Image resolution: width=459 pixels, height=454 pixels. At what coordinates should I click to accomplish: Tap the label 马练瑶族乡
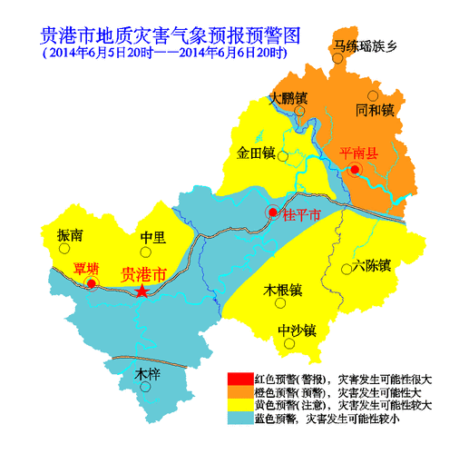click(366, 46)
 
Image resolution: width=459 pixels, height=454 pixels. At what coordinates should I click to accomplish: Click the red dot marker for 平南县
click(356, 169)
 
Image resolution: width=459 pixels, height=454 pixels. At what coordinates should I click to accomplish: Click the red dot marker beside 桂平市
click(273, 212)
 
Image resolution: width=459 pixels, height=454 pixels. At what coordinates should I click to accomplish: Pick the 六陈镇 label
click(372, 266)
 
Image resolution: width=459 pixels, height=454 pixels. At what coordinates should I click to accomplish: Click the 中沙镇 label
click(296, 330)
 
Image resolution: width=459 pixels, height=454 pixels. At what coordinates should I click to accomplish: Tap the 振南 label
click(70, 235)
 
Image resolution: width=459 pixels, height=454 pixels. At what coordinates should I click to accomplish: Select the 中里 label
click(152, 238)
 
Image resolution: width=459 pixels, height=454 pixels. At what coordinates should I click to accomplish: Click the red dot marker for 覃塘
click(92, 284)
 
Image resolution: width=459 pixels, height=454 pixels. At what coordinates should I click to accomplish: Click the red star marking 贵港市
click(142, 291)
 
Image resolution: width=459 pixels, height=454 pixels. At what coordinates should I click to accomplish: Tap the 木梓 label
click(147, 373)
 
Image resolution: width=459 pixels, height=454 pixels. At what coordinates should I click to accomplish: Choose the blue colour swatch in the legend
click(239, 419)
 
